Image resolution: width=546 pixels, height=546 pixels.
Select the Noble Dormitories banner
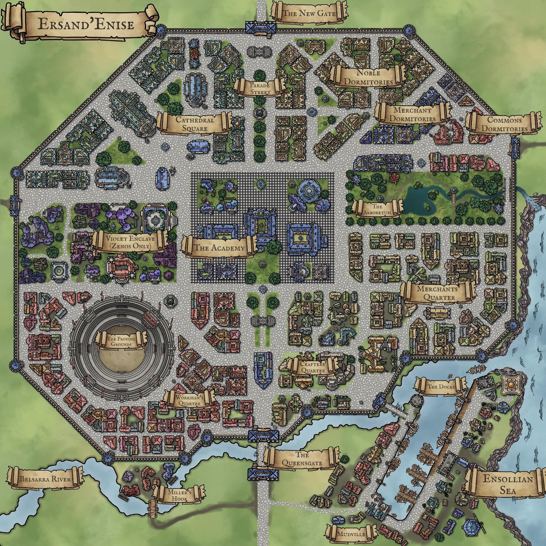click(368, 77)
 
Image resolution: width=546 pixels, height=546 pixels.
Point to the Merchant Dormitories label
click(412, 114)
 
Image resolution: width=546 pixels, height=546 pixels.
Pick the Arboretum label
click(377, 209)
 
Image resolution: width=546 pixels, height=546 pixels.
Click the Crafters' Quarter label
click(313, 366)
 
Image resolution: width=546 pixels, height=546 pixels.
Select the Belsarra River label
click(46, 479)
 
